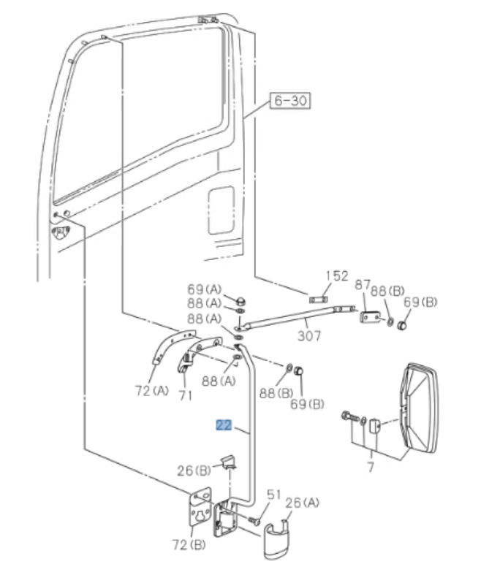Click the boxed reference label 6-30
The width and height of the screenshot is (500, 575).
289,101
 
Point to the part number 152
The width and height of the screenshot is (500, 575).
336,276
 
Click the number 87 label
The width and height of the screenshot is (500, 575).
363,285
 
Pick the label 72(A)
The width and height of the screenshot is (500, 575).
151,391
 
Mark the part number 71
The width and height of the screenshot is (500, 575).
186,395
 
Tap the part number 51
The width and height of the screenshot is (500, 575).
273,495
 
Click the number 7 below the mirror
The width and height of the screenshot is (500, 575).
370,466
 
